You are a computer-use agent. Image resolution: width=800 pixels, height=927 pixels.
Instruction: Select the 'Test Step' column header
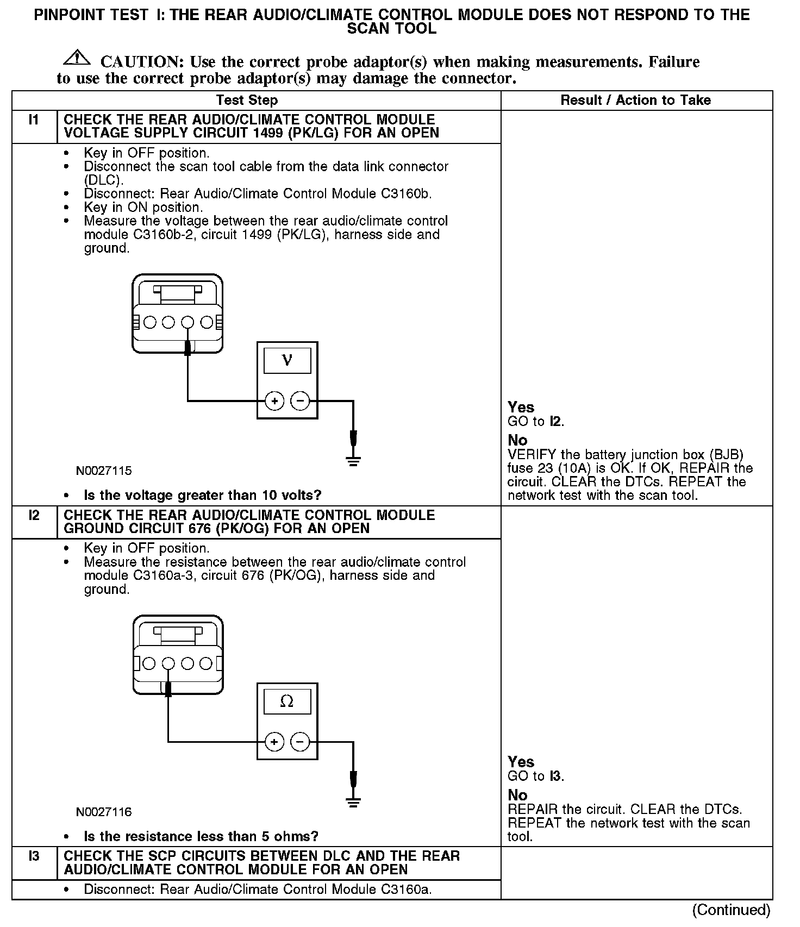point(247,101)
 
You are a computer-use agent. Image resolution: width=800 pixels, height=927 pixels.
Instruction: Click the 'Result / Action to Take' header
point(635,101)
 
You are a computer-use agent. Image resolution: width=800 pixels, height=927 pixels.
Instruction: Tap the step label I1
point(34,120)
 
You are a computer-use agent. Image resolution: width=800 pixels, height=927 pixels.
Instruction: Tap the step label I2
point(34,515)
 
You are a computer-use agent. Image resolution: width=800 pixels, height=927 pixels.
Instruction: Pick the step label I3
point(34,856)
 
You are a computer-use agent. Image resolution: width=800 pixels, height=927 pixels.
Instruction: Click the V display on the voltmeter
point(287,360)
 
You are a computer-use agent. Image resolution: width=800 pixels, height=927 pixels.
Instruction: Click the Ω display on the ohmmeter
point(287,701)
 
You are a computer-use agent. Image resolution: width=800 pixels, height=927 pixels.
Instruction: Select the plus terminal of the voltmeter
point(274,402)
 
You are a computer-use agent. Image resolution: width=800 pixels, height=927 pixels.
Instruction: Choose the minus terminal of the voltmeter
point(300,402)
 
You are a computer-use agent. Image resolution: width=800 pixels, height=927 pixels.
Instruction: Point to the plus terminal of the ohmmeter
point(274,742)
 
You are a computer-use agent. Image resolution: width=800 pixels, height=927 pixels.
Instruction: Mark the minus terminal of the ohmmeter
point(300,742)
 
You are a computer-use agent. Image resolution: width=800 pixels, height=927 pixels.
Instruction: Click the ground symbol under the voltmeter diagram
point(353,462)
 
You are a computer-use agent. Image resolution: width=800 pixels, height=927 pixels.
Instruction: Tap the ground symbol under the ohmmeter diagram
point(353,803)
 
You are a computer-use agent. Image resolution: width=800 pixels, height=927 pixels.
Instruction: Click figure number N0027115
point(104,471)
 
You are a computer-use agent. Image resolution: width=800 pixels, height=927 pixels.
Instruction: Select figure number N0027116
point(104,812)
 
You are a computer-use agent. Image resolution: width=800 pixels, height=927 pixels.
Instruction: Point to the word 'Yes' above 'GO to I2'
point(521,408)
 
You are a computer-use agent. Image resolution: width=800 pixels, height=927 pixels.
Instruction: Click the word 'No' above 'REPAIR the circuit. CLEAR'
point(517,796)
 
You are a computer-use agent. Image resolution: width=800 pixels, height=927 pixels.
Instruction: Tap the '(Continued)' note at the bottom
point(731,910)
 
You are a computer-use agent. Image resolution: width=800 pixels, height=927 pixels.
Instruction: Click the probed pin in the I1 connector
point(187,323)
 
